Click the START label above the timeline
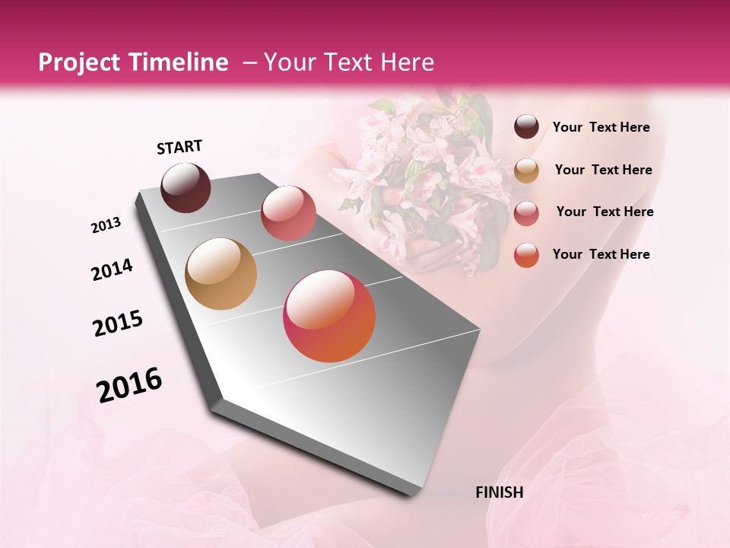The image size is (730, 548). click(x=179, y=147)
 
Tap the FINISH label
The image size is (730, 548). click(x=499, y=492)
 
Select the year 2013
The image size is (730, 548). click(x=106, y=225)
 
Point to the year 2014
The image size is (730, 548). click(x=112, y=270)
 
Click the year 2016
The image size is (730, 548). click(x=129, y=385)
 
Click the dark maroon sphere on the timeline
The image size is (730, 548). click(x=186, y=187)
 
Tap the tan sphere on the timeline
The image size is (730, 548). click(x=221, y=274)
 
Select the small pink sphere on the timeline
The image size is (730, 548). click(x=288, y=213)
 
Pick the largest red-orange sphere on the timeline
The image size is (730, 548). click(x=329, y=316)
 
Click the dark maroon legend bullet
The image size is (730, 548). click(x=526, y=127)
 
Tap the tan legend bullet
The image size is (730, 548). click(x=526, y=170)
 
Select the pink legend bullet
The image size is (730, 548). click(x=526, y=213)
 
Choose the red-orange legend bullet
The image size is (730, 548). click(x=526, y=255)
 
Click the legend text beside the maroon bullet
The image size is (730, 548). click(x=601, y=128)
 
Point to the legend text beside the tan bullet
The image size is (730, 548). click(x=603, y=170)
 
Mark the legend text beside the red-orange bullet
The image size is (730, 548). click(x=601, y=254)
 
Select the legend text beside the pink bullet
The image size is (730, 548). click(x=605, y=212)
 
